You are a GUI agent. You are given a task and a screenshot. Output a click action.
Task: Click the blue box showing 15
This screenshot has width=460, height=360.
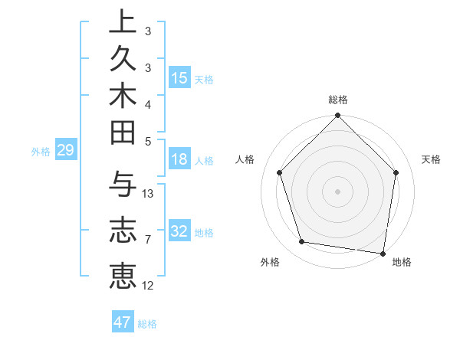[179, 78]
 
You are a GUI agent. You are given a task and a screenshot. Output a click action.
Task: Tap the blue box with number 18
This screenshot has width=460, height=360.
[179, 160]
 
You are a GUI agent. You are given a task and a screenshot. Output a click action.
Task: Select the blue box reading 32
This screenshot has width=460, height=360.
[179, 231]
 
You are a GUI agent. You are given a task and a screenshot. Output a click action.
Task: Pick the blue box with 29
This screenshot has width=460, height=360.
[65, 151]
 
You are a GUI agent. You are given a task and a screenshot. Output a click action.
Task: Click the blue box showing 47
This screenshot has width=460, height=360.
[123, 322]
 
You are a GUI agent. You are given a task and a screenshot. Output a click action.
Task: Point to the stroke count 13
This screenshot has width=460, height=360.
[149, 194]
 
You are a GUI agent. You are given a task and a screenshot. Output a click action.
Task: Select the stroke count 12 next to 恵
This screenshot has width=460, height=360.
[149, 286]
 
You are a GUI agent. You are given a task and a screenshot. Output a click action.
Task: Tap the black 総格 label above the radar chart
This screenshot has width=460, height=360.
[338, 100]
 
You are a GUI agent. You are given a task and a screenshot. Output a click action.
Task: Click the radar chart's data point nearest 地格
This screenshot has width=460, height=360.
[383, 253]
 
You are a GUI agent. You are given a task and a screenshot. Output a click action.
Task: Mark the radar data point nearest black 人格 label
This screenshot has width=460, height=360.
[280, 172]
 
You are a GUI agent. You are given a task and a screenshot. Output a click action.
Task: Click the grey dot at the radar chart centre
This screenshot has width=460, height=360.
[338, 191]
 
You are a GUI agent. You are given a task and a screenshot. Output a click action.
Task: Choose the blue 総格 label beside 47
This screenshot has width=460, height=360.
[147, 324]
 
